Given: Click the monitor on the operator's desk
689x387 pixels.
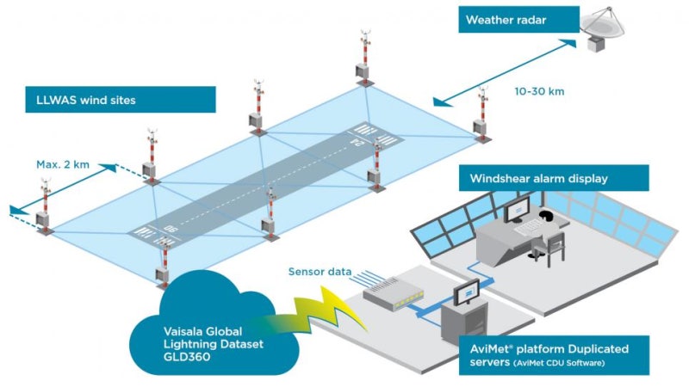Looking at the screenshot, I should [517, 206].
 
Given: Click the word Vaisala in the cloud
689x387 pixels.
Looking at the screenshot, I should [186, 329].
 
